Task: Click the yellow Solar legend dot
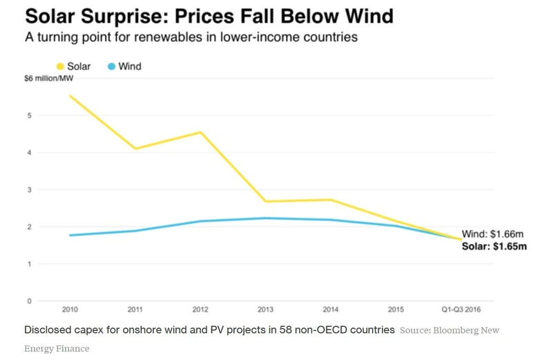click(60, 66)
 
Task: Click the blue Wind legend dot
click(112, 66)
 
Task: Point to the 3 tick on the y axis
click(30, 189)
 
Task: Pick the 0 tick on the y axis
click(30, 301)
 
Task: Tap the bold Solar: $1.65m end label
click(494, 247)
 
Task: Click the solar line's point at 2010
click(70, 95)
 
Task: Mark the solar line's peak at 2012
click(200, 132)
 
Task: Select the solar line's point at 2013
click(265, 201)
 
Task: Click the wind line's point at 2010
click(70, 236)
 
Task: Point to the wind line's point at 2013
click(265, 218)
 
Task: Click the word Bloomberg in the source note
click(454, 330)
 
